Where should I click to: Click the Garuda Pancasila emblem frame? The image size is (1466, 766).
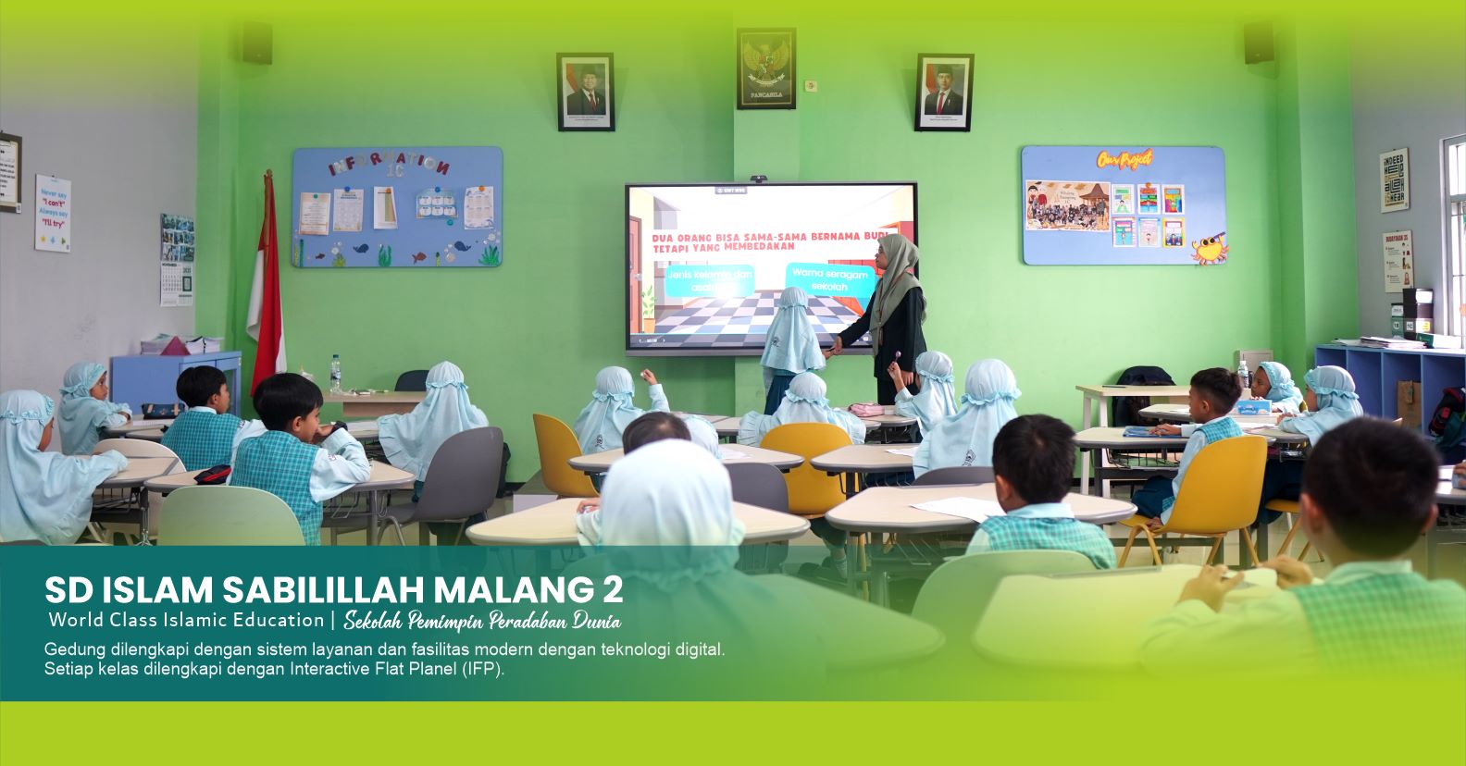765,68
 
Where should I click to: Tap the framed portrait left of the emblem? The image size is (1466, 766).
585,91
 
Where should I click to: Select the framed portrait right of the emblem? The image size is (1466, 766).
944,91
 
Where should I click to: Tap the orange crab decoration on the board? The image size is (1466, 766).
1208,248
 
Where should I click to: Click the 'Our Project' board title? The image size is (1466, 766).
1124,159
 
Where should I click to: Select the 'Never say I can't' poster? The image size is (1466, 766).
54,212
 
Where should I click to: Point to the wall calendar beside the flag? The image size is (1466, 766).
177,259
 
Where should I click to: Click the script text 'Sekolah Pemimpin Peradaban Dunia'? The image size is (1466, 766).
481,620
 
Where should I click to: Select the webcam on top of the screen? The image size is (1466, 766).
759,178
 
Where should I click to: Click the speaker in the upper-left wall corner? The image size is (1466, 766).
256,43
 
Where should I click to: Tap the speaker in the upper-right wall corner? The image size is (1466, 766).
1258,43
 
